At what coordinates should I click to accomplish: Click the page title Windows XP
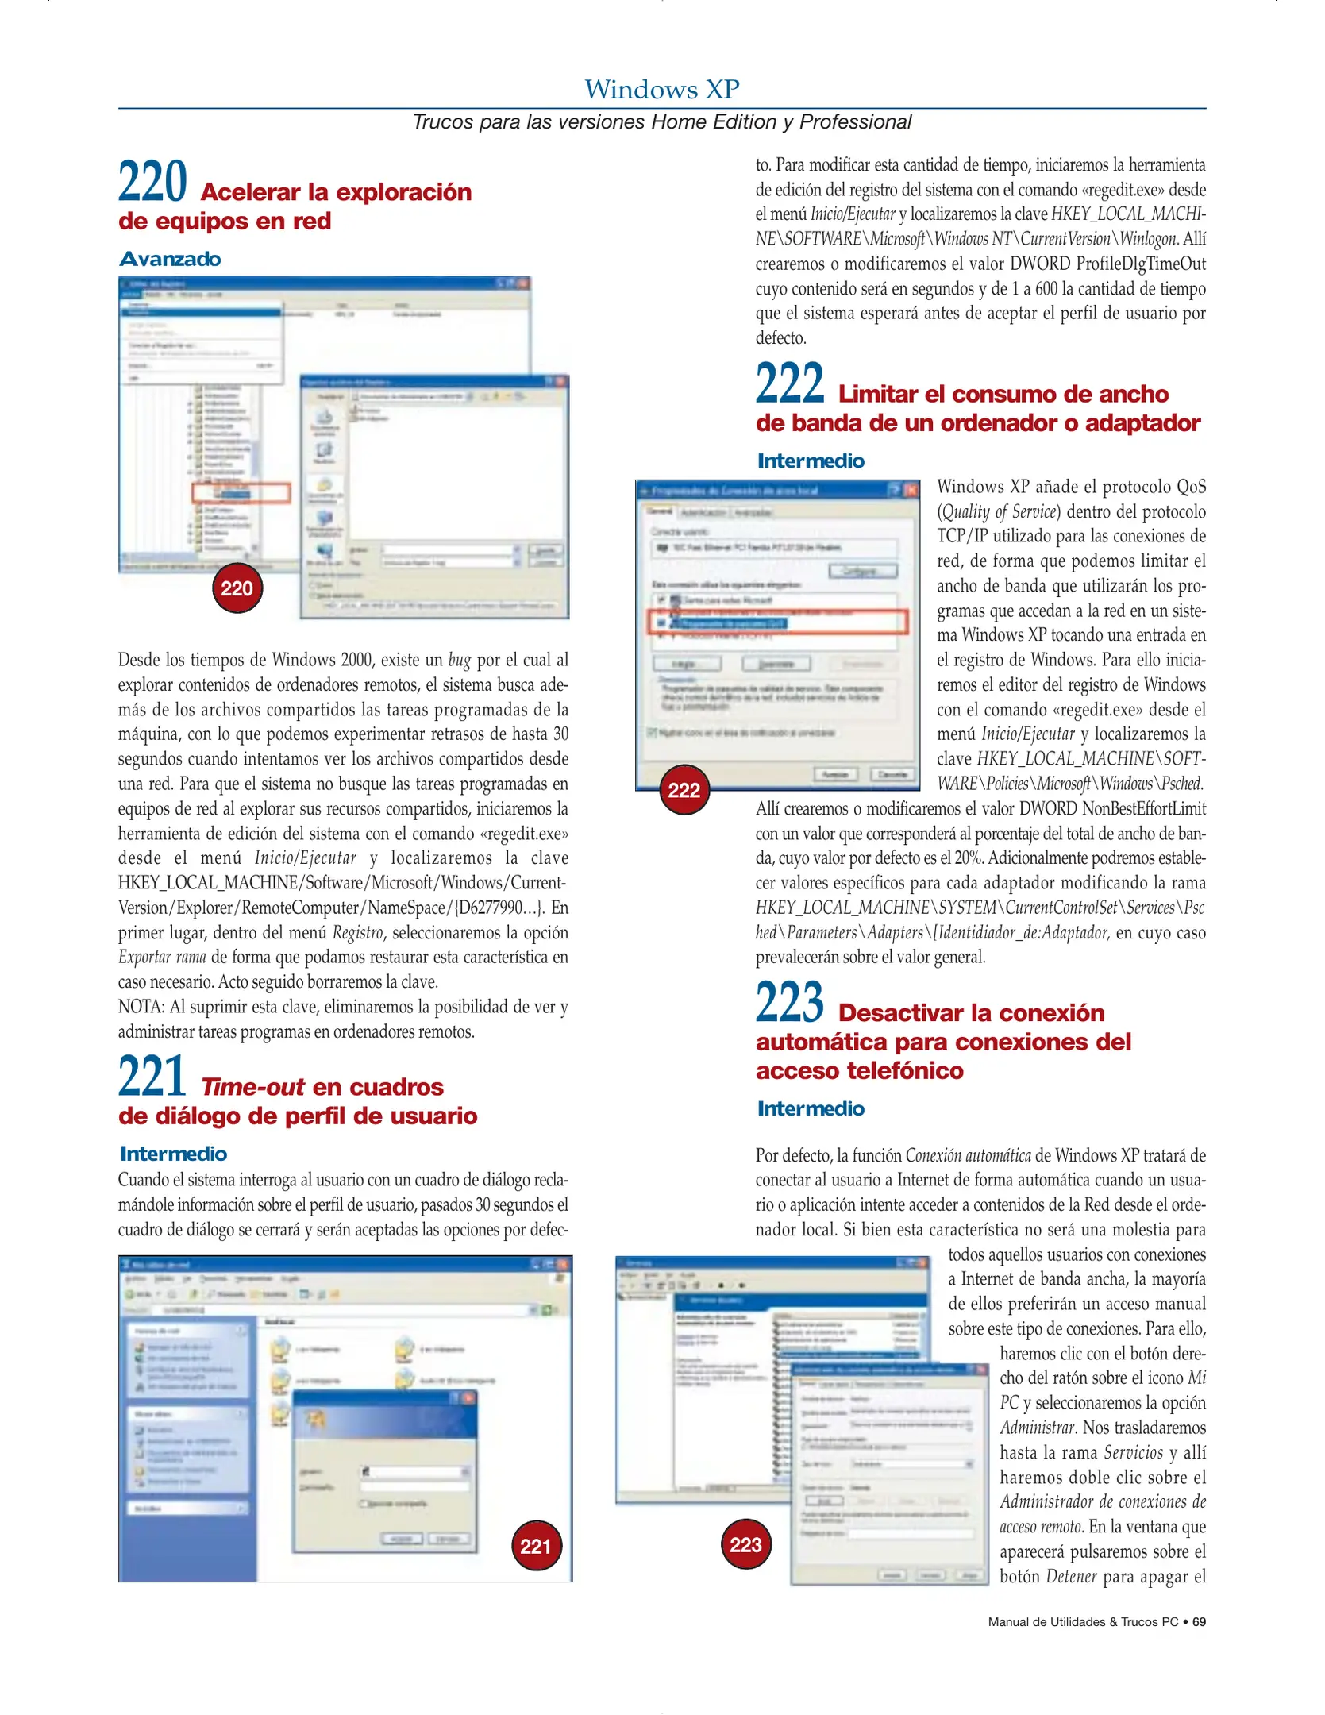(x=661, y=89)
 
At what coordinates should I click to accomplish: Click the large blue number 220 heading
(x=152, y=182)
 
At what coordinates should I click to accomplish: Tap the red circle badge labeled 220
(x=237, y=588)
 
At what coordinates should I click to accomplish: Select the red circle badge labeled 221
(x=536, y=1546)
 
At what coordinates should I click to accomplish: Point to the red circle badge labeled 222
(x=684, y=790)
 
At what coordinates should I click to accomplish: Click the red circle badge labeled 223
(x=745, y=1544)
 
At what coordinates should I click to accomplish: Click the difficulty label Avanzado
(x=170, y=259)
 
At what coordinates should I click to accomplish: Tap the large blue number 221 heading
(x=152, y=1077)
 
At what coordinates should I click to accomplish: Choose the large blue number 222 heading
(x=790, y=384)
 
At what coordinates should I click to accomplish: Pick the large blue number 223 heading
(x=790, y=1003)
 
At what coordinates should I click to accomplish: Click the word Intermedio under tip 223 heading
(x=811, y=1108)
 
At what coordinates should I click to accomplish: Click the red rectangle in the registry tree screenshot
(x=241, y=493)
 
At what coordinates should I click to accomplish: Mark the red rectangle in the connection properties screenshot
(x=778, y=622)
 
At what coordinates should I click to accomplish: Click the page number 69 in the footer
(x=1199, y=1622)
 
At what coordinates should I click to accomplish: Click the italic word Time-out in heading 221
(x=252, y=1087)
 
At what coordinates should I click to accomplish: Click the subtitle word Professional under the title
(x=855, y=122)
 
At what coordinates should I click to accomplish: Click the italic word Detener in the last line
(x=1071, y=1577)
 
